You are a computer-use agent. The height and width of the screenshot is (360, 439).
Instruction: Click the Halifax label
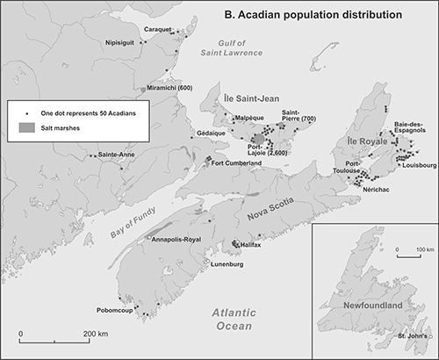pyautogui.click(x=254, y=245)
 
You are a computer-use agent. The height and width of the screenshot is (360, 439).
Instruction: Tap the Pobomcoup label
pyautogui.click(x=117, y=310)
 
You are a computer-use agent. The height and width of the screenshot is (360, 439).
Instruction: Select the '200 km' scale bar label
pyautogui.click(x=96, y=334)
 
